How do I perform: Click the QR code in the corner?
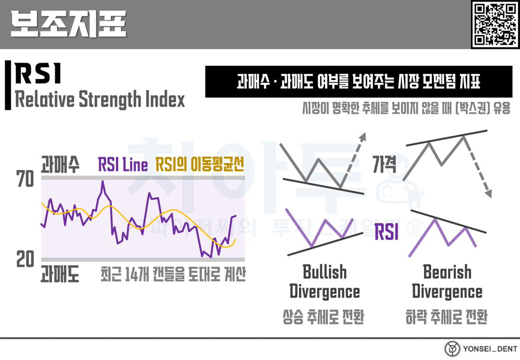[494, 24]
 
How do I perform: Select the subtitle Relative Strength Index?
[100, 100]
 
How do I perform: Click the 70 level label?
[25, 179]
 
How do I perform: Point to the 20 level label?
[25, 260]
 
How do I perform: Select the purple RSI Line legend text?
[123, 165]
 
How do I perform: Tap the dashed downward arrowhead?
[488, 193]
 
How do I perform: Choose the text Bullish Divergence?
[325, 282]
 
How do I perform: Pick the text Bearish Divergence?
[447, 282]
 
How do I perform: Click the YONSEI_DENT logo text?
[486, 349]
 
